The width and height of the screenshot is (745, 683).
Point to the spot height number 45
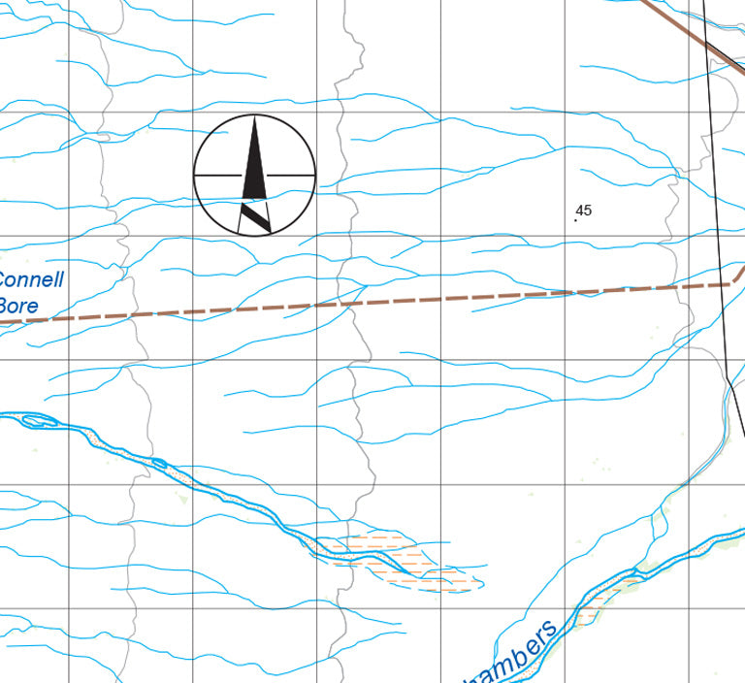pos(583,210)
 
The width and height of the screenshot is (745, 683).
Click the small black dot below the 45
pos(575,220)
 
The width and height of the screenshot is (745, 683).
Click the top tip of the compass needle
pos(255,119)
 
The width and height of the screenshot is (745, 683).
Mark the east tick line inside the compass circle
pos(292,175)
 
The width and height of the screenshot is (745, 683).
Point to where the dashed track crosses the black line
pos(724,284)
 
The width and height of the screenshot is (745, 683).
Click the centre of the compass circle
pos(255,175)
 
